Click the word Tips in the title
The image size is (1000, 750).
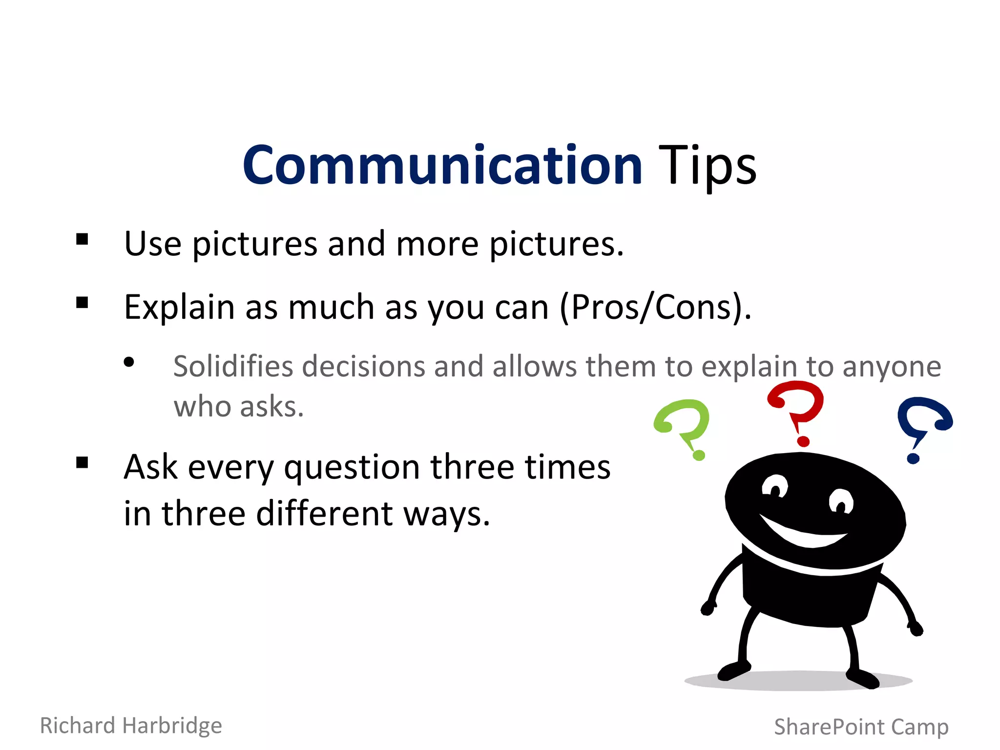pos(707,166)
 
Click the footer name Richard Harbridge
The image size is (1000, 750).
pos(131,726)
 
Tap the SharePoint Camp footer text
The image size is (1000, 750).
pos(861,727)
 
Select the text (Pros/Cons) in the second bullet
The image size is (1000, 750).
pos(654,308)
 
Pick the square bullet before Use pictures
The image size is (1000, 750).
pos(82,239)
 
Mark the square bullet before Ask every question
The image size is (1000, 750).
pos(82,462)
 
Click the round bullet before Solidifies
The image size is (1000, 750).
pos(129,362)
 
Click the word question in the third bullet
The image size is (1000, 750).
pos(352,468)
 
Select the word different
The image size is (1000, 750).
pos(324,514)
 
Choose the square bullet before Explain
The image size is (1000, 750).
pos(82,303)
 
